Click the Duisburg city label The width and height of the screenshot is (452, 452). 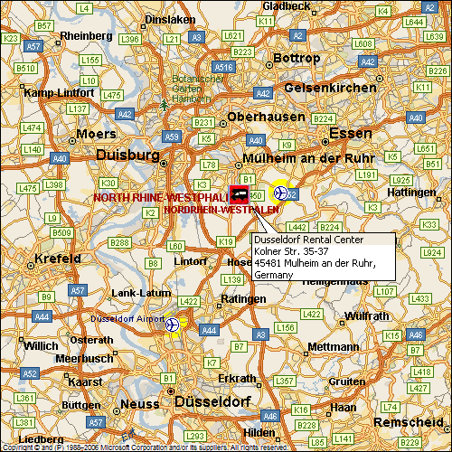(x=127, y=155)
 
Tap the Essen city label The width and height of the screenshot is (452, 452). (x=350, y=133)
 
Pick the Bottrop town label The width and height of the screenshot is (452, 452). (x=297, y=58)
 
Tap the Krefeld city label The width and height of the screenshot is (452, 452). (x=57, y=259)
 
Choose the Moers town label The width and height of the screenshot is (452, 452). (x=96, y=134)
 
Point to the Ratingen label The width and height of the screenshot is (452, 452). (x=243, y=297)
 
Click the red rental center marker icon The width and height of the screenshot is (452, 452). (x=240, y=193)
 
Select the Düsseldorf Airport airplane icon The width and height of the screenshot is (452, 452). (x=173, y=325)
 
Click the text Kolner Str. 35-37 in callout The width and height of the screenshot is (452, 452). (x=288, y=252)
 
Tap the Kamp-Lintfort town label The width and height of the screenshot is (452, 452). (x=60, y=92)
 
